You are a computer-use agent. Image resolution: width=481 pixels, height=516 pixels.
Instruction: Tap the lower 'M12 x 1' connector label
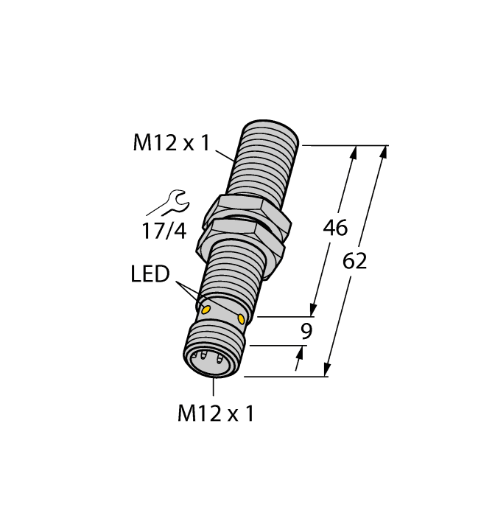point(216,414)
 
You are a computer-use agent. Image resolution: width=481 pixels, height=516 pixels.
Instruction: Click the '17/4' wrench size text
point(164,231)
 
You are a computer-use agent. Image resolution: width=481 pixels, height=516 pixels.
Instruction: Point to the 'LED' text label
point(150,275)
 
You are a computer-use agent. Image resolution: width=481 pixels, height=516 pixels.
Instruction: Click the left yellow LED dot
point(207,308)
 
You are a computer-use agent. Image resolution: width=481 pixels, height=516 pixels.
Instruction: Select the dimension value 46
point(336,229)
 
